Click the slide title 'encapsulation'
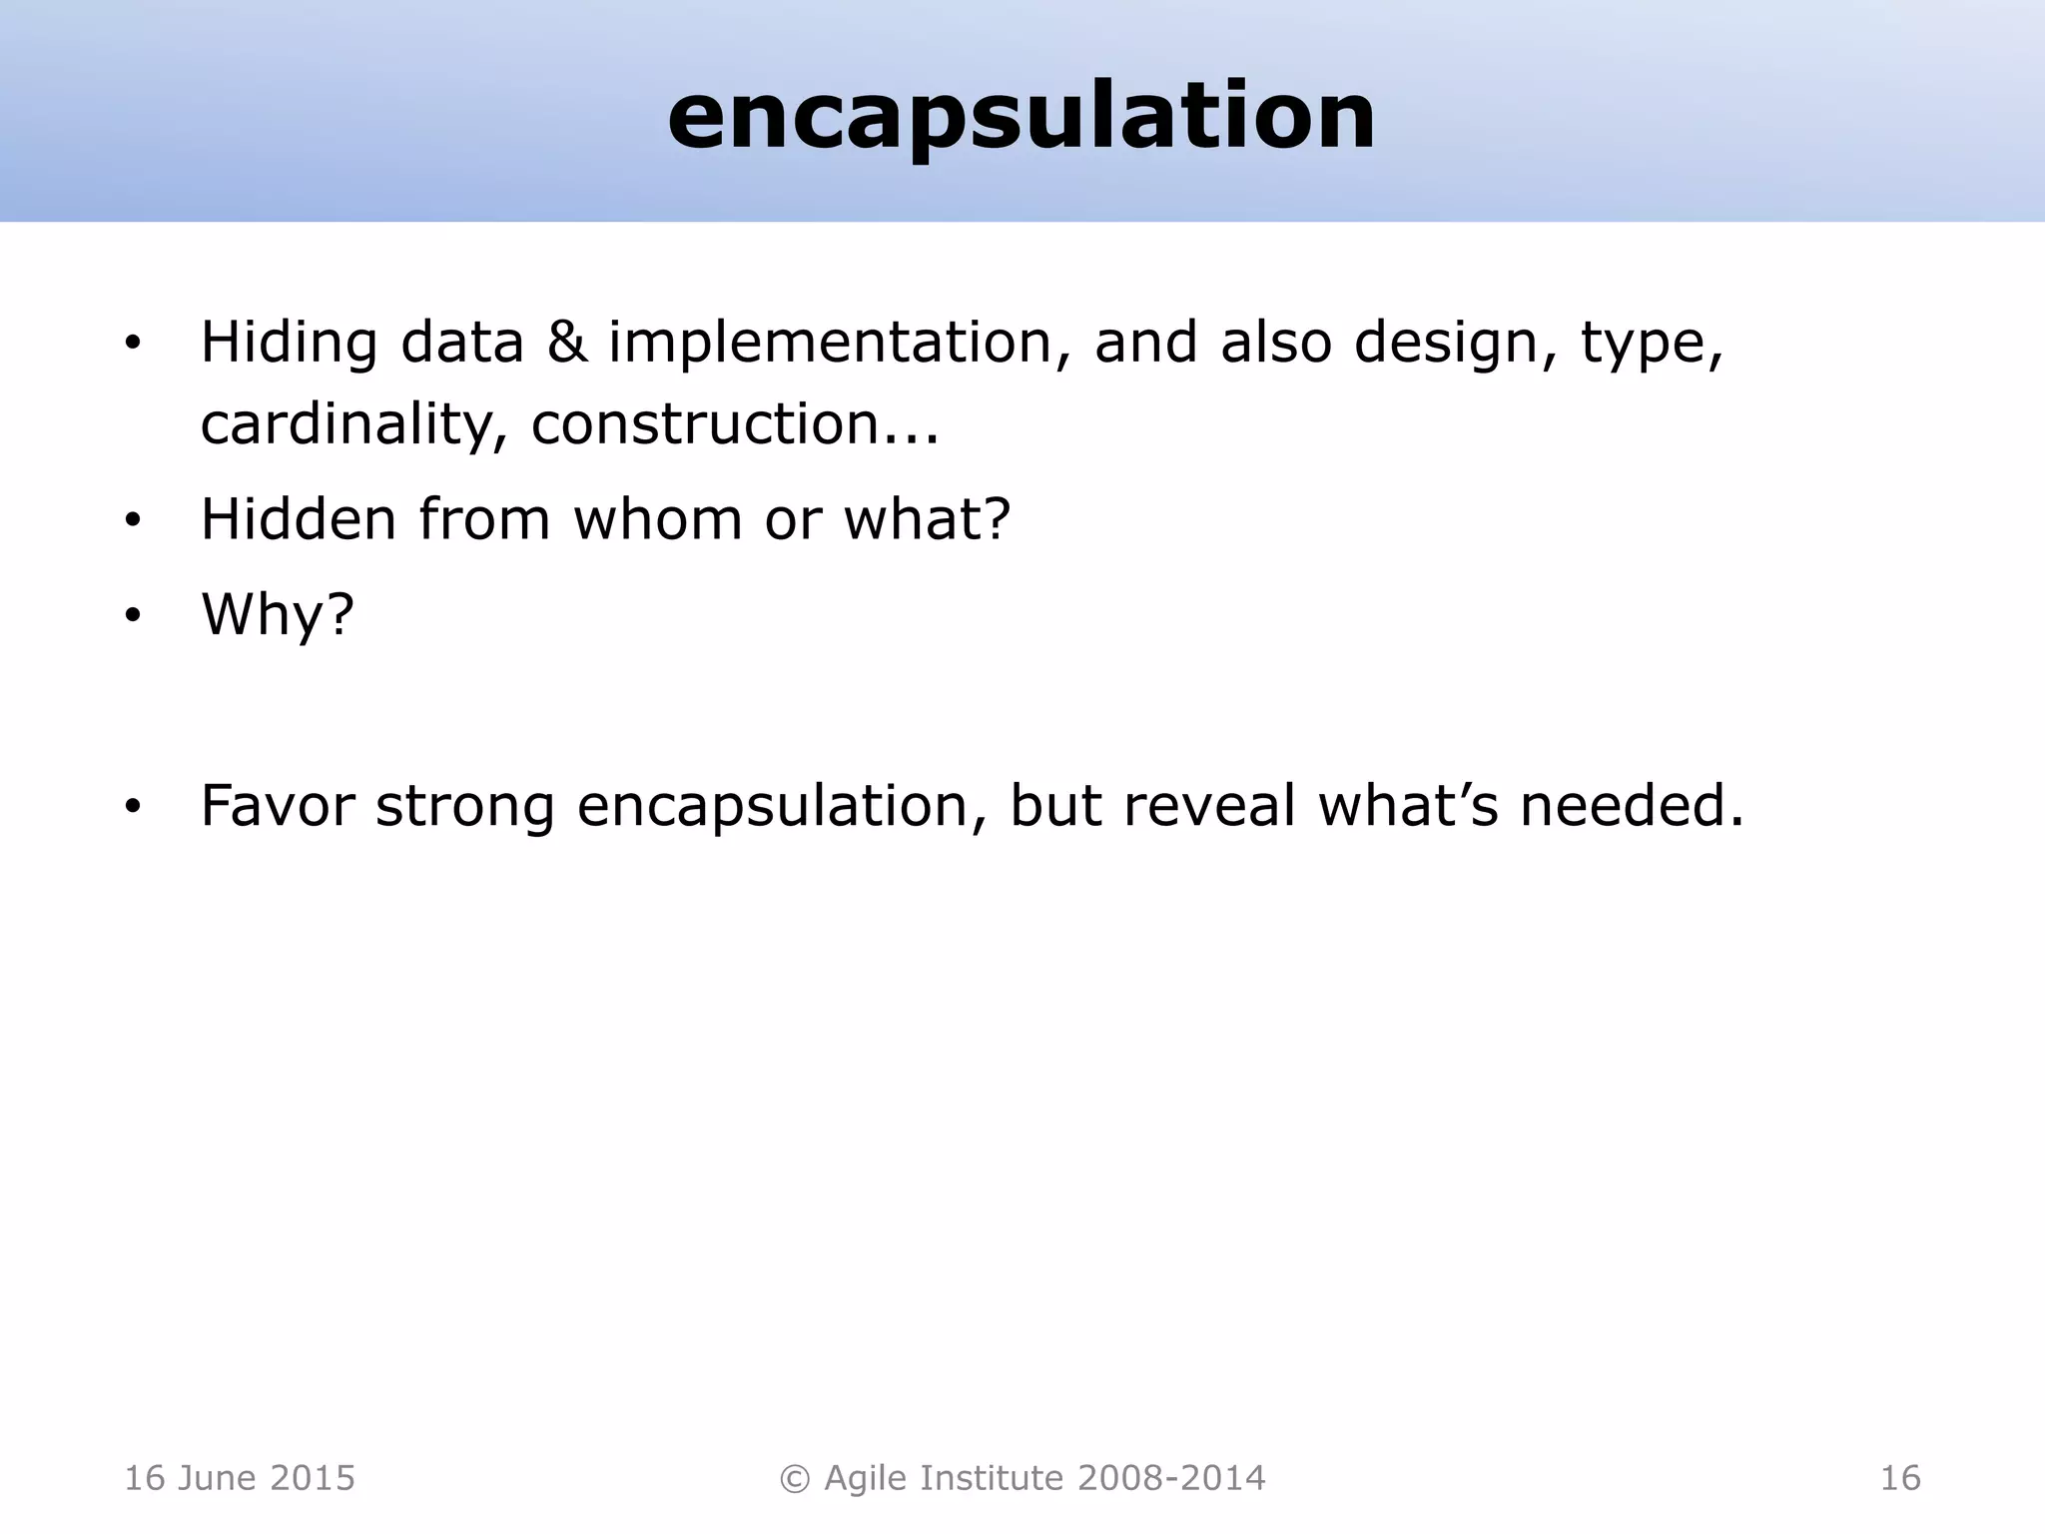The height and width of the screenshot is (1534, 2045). (1022, 117)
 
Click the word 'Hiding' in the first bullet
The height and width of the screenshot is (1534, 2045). (289, 343)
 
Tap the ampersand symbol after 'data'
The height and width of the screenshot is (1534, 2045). (566, 343)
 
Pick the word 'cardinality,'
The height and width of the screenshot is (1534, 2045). (354, 424)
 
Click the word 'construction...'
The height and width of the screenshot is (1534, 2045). (735, 423)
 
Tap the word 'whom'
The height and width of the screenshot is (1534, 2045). (657, 519)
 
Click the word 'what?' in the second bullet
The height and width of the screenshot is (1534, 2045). (928, 519)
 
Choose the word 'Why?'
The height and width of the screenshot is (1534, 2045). (278, 614)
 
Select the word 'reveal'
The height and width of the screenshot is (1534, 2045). (1209, 806)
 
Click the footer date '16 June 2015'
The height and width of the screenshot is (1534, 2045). (240, 1478)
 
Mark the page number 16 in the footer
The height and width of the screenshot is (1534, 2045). (1899, 1478)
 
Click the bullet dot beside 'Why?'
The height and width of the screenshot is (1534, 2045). (133, 617)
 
